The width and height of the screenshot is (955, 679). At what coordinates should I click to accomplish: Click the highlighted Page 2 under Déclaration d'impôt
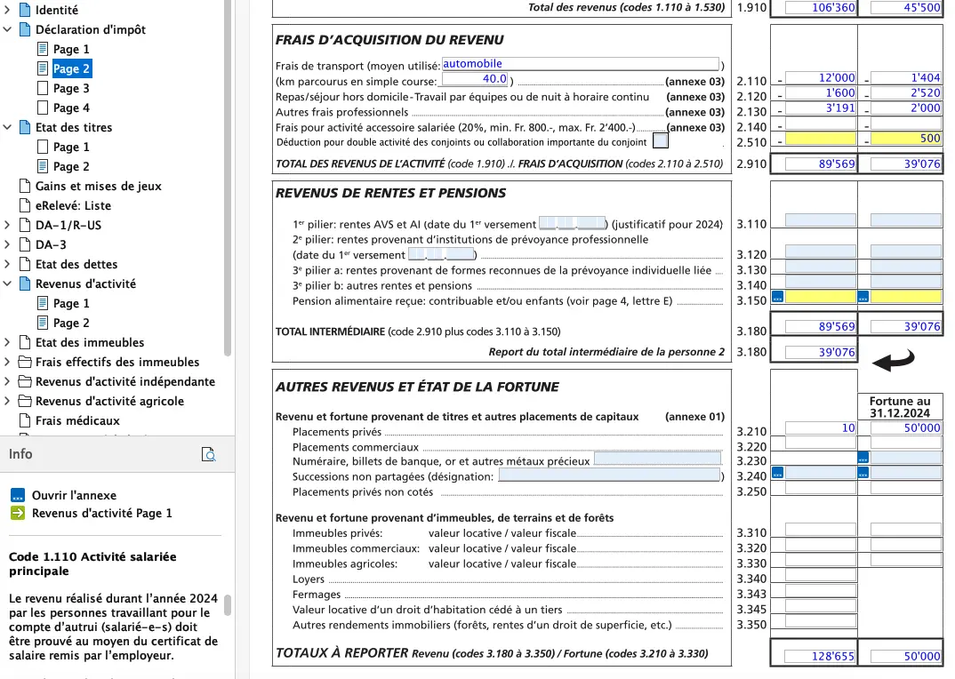[71, 68]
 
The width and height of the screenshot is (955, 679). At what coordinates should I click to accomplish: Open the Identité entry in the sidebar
[56, 10]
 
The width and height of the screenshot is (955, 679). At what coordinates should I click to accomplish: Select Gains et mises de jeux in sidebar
[98, 186]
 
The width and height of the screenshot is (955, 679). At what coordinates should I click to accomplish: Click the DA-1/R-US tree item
[68, 225]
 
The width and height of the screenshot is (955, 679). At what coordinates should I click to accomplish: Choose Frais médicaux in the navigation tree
[76, 420]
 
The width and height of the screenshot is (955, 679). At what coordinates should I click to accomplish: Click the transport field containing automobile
[580, 64]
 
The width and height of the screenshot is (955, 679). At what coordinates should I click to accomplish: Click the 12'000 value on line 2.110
[821, 78]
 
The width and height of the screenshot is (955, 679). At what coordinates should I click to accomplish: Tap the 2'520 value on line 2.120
[906, 93]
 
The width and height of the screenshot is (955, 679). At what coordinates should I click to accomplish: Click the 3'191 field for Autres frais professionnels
[821, 108]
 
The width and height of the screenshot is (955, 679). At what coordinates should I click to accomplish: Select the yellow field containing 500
[906, 139]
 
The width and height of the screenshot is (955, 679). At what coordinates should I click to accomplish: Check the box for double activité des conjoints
[660, 140]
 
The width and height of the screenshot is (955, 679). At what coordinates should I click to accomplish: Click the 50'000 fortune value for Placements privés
[906, 427]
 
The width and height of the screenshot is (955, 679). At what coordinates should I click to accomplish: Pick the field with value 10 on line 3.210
[821, 427]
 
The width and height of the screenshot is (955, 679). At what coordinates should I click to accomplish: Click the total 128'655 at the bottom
[821, 657]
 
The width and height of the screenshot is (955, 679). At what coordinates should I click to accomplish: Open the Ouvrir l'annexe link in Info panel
[74, 495]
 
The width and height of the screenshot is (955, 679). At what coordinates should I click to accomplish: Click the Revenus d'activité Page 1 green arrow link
[101, 513]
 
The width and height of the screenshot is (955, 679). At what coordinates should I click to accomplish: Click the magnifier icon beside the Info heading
[209, 455]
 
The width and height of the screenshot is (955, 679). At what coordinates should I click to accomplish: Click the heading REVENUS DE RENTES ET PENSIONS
[390, 193]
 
